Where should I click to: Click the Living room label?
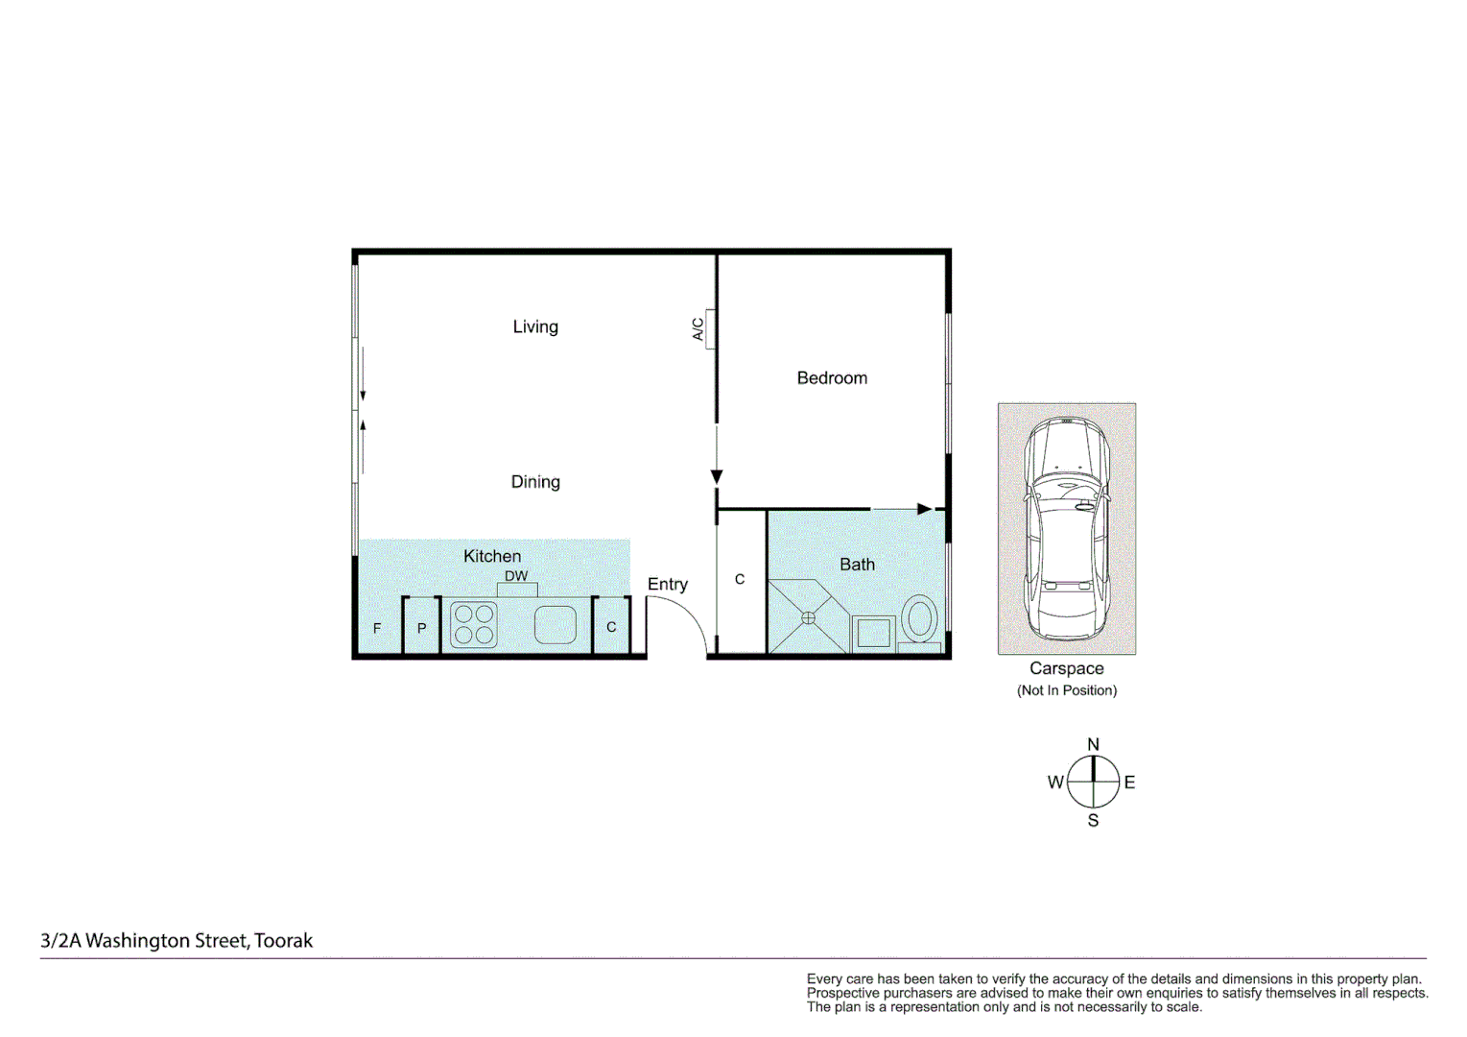535,326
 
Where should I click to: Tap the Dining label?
535,482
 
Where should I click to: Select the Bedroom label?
832,378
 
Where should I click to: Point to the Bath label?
857,565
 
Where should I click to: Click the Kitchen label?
492,556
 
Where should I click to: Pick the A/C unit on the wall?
710,328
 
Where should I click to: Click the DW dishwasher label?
516,576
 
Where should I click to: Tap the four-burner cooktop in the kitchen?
474,624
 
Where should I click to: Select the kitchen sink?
555,625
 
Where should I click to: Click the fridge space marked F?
377,628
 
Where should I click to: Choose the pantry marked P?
421,628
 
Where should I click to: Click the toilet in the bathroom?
919,620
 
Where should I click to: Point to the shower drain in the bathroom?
808,618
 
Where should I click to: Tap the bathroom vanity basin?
873,634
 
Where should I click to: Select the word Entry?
668,585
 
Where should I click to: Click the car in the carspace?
1066,528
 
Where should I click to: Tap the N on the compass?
1093,745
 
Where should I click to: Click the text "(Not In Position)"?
1067,690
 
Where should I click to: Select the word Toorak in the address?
284,941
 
